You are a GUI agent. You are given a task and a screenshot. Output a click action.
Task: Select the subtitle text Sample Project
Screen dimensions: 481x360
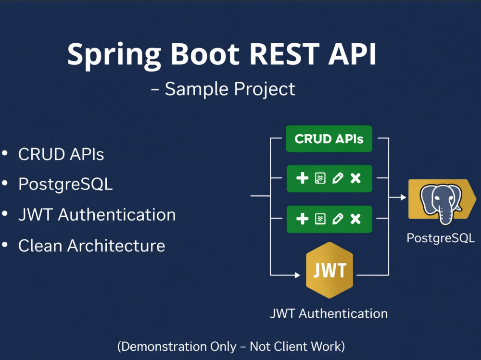pos(230,89)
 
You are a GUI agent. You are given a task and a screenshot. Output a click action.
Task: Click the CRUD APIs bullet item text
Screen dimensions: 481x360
pos(61,154)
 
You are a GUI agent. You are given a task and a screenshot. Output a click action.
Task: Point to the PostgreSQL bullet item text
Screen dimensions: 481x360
pos(65,185)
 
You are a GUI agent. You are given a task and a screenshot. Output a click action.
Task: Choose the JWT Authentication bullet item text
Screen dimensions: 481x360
pos(97,214)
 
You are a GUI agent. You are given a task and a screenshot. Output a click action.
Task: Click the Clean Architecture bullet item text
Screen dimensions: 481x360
pos(92,246)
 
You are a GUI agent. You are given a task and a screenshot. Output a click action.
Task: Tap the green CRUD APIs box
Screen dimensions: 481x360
pos(329,139)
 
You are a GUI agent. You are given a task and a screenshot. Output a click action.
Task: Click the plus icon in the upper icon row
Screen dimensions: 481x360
pos(302,178)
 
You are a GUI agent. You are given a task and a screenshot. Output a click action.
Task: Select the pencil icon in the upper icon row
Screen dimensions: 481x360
pos(338,178)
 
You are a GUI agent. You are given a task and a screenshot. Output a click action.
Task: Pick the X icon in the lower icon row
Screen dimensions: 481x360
pos(355,219)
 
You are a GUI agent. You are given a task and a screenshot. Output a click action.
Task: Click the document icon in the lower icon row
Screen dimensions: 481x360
pos(320,219)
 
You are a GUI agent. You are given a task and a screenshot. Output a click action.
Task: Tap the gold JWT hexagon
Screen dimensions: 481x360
pos(329,270)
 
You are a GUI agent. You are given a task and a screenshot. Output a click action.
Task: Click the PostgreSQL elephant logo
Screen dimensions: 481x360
pos(441,203)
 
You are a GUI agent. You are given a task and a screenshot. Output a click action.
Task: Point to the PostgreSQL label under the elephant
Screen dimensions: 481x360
pos(441,238)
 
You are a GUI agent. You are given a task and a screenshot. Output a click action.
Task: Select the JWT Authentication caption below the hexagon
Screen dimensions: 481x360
pos(329,314)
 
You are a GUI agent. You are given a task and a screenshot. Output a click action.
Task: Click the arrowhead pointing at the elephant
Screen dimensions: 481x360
pos(404,197)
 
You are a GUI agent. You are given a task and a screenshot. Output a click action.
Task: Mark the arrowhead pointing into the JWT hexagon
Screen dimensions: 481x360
pos(297,275)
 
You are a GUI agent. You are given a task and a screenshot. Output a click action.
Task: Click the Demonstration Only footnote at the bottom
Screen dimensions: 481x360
pos(231,347)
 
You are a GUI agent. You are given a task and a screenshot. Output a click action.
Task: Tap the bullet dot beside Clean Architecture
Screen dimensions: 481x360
pos(5,245)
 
